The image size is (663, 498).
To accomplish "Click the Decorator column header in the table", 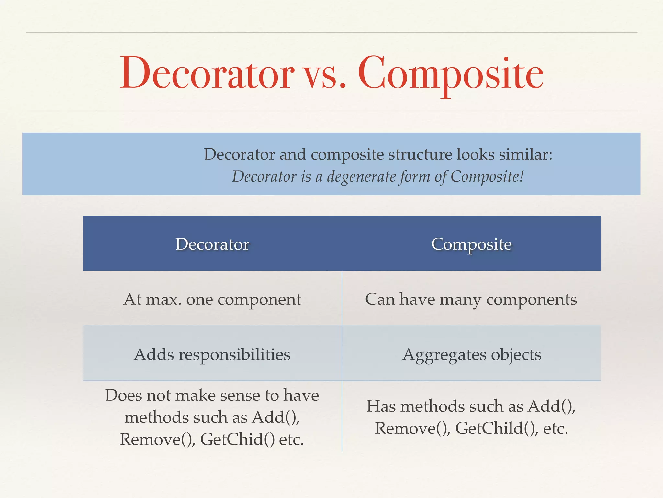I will [x=212, y=244].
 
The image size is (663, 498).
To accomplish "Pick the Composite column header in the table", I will [x=471, y=244].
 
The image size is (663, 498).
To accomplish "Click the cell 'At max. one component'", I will [x=212, y=299].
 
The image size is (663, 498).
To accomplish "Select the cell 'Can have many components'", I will [x=471, y=299].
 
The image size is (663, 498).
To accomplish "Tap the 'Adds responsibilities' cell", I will [x=212, y=354].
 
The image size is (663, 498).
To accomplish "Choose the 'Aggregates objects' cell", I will [x=472, y=354].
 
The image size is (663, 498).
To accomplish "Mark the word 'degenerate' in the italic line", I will [x=361, y=177].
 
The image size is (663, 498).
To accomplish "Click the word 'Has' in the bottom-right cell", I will [x=381, y=406].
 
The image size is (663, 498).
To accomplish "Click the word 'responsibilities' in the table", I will [x=234, y=354].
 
